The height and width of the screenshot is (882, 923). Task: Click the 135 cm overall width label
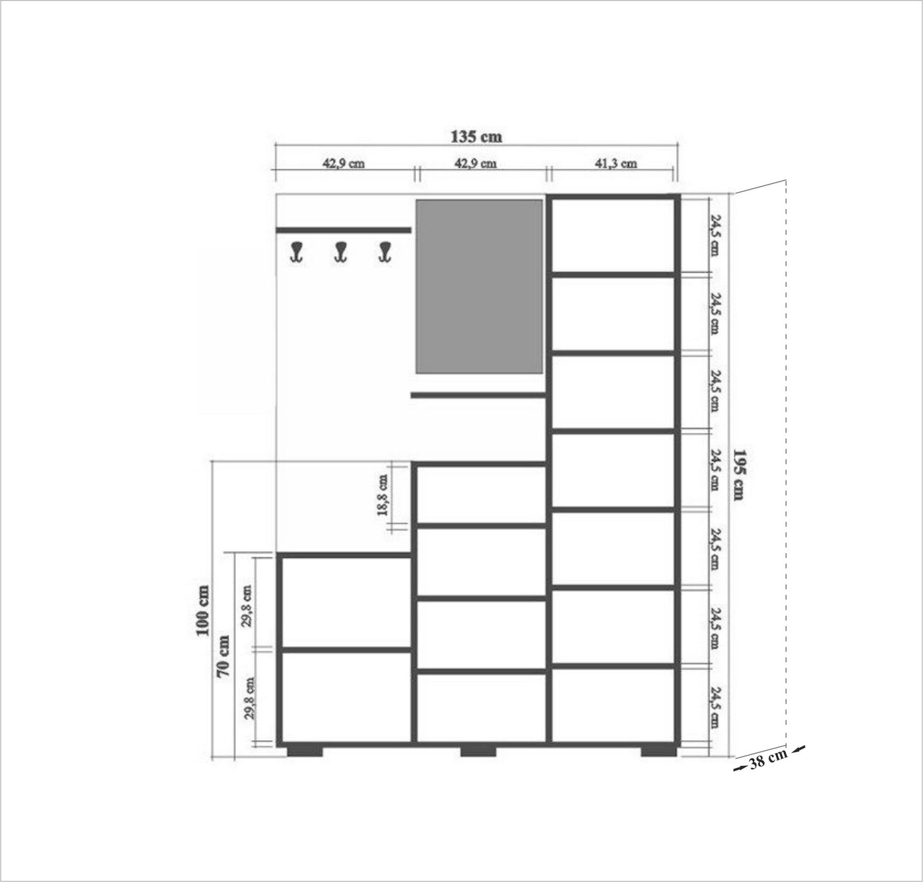click(x=476, y=136)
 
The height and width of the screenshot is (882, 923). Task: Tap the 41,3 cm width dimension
click(x=616, y=164)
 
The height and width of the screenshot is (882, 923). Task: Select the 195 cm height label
click(x=739, y=475)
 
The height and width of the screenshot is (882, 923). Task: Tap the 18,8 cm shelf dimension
click(x=383, y=495)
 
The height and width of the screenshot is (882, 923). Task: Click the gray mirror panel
click(x=479, y=286)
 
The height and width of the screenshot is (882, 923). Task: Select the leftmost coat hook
click(x=297, y=252)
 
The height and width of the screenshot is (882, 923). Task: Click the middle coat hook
click(x=340, y=252)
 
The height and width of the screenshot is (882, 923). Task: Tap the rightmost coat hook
click(x=386, y=252)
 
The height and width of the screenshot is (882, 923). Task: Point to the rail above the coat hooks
click(x=343, y=231)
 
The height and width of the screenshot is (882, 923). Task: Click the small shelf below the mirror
click(x=478, y=394)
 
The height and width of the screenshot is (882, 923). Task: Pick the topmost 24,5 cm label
click(x=715, y=235)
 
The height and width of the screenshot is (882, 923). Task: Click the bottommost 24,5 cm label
click(x=715, y=707)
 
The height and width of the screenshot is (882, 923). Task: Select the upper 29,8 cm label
click(x=247, y=606)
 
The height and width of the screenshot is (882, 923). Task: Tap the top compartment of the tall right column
click(x=613, y=235)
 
